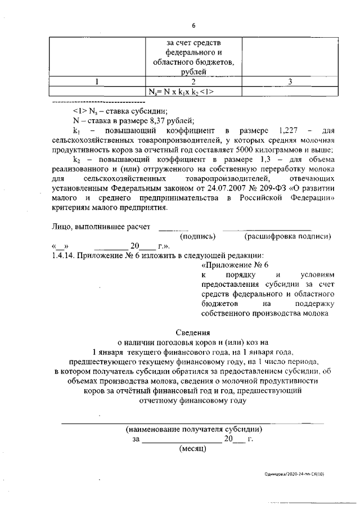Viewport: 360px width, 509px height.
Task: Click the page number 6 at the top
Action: point(193,25)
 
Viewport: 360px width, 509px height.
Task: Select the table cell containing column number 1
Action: point(97,82)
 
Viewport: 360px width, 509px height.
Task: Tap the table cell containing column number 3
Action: point(290,82)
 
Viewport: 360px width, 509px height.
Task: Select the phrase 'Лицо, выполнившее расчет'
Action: point(99,227)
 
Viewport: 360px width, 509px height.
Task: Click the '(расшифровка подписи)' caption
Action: point(287,237)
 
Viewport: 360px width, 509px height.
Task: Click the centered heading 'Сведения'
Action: point(193,332)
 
